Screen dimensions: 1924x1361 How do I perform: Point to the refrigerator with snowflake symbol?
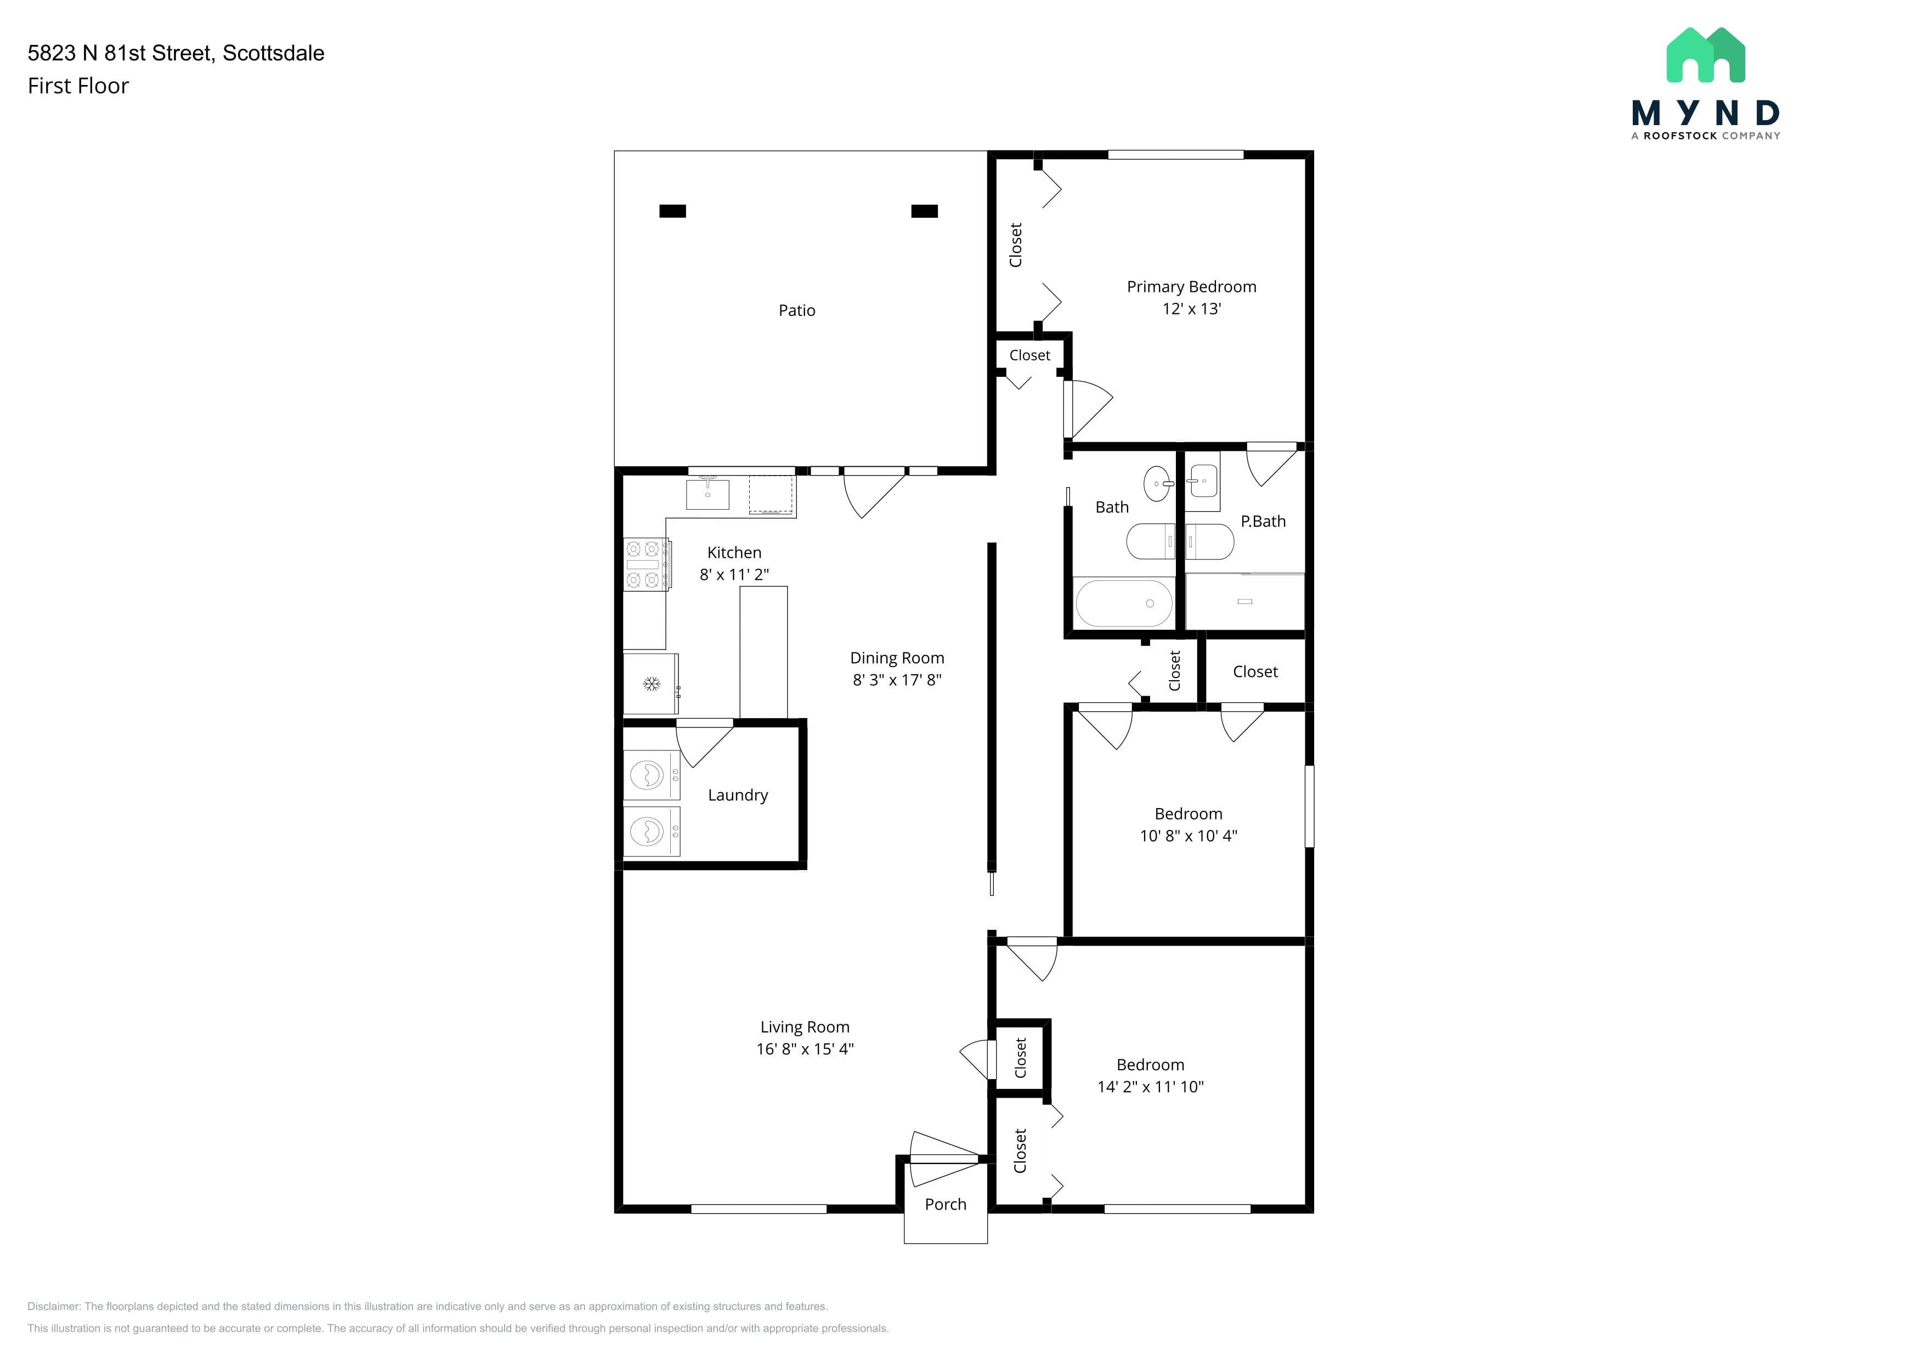[651, 684]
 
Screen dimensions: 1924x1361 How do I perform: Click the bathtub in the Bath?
[1124, 602]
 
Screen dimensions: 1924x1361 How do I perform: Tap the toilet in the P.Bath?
[1208, 541]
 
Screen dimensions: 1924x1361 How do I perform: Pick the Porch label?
[945, 1204]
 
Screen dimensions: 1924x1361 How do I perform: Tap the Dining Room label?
[897, 658]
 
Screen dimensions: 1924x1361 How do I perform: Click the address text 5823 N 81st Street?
[119, 53]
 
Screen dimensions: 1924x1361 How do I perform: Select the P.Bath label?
[1263, 521]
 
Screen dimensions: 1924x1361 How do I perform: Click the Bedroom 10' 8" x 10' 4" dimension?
[1189, 835]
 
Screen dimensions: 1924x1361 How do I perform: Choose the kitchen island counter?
[763, 652]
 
